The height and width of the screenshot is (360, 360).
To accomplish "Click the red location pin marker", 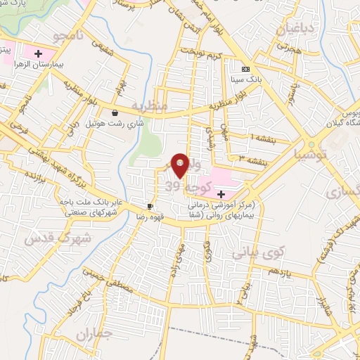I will click(x=180, y=163).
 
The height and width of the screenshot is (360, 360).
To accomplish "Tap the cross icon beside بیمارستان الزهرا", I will click(x=38, y=53).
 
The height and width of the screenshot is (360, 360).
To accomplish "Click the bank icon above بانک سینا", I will click(x=245, y=69).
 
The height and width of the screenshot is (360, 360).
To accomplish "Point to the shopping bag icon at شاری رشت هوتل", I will click(x=115, y=112).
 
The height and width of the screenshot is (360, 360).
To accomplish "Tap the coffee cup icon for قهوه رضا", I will click(x=150, y=206).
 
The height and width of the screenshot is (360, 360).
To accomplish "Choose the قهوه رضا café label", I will click(x=154, y=217).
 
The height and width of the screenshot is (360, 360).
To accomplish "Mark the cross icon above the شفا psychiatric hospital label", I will click(x=222, y=193).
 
